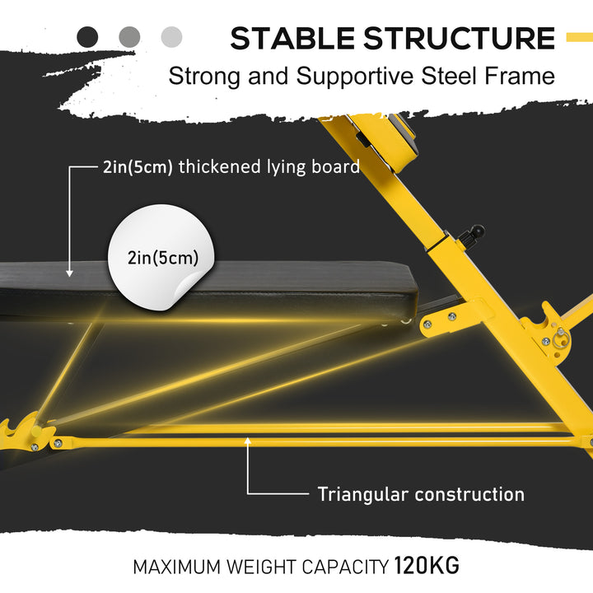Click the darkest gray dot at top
(x=87, y=36)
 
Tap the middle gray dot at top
(x=129, y=36)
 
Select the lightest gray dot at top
(x=171, y=36)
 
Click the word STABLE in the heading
(x=292, y=39)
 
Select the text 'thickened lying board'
(x=269, y=167)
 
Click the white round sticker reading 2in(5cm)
(x=162, y=257)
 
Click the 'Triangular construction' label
(x=421, y=494)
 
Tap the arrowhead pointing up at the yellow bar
(x=248, y=442)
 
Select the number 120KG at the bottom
(x=427, y=567)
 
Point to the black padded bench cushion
(x=247, y=284)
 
